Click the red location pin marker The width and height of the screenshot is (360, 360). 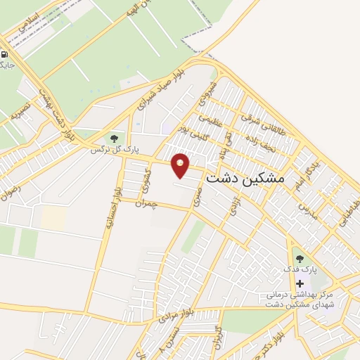[181, 165]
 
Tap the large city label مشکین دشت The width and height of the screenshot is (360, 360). [245, 179]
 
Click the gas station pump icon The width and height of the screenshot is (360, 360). [5, 54]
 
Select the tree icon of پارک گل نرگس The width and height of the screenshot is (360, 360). [115, 139]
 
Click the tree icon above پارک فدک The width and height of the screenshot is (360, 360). [300, 259]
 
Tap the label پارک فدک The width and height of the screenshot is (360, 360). [300, 270]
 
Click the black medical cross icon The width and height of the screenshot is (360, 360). [300, 283]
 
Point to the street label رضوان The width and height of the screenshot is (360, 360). [10, 191]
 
